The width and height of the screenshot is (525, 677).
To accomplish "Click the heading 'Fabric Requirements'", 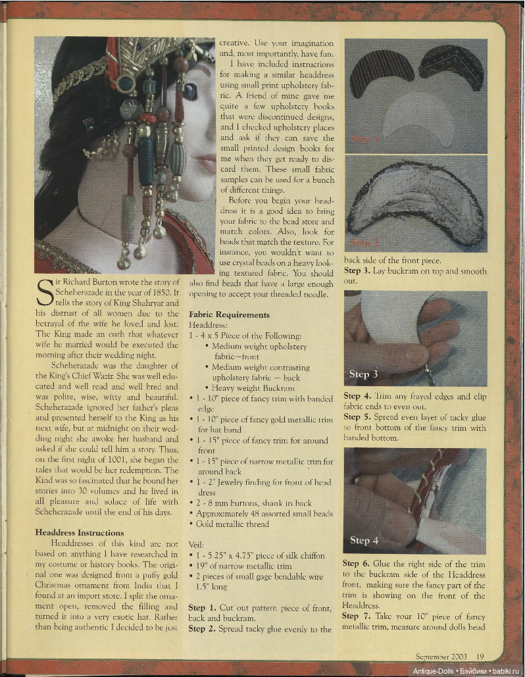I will click(229, 315).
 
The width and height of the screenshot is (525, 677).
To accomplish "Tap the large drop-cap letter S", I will click(44, 294).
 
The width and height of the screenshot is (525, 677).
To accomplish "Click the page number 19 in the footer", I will click(480, 655).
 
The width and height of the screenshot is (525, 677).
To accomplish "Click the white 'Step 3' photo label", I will click(363, 374).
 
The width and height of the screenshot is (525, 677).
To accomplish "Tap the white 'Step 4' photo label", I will click(363, 540).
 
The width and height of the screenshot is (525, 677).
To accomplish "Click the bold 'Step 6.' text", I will click(359, 564).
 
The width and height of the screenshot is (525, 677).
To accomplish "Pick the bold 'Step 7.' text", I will click(359, 616).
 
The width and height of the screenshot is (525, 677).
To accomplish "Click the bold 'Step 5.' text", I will click(359, 416).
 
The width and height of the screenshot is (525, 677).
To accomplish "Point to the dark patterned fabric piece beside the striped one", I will click(451, 68).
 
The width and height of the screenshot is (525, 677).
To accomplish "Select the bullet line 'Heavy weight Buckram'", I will click(252, 388).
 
